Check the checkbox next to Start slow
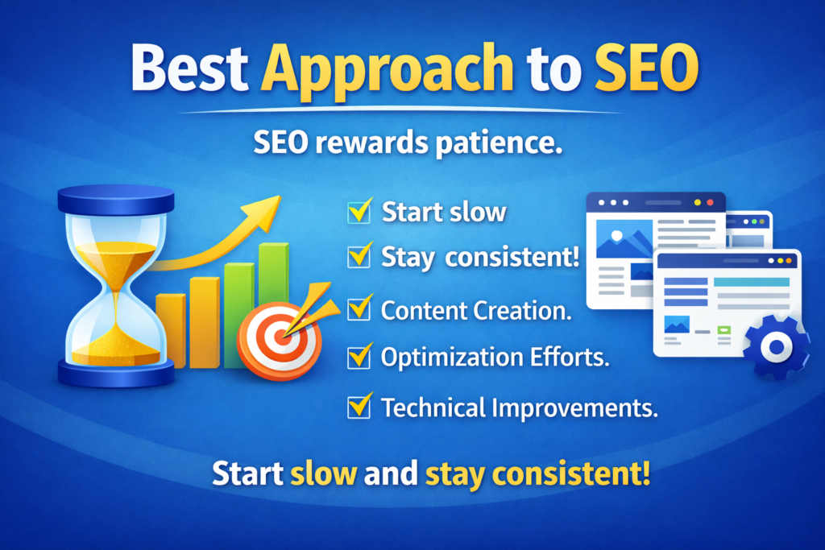359,212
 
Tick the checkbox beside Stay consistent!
359,258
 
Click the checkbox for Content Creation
359,309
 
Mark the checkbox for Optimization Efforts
359,355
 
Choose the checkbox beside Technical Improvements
359,407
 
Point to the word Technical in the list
433,407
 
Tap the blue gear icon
776,347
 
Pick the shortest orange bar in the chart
170,330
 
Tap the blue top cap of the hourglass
116,198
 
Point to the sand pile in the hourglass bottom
116,346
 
